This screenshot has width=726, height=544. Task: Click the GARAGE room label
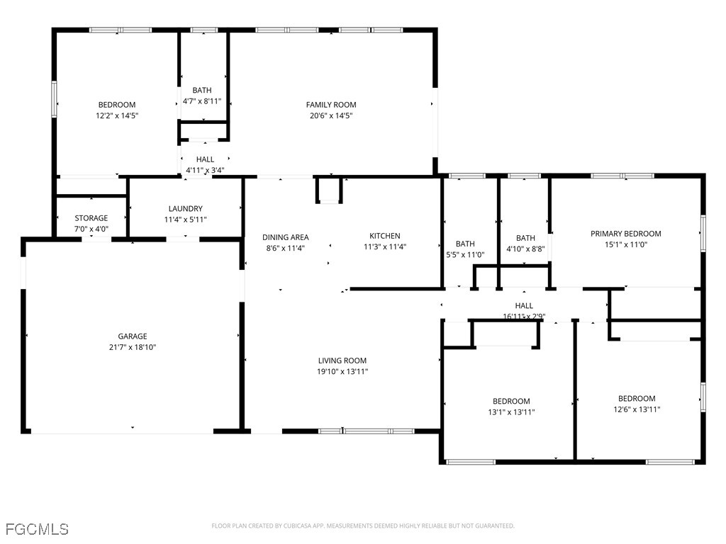click(x=133, y=336)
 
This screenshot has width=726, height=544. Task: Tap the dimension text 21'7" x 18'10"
click(x=133, y=348)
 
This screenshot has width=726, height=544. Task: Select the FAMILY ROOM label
click(x=331, y=105)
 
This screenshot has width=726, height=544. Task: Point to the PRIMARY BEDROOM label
click(x=626, y=234)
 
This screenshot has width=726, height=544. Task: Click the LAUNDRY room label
click(x=186, y=209)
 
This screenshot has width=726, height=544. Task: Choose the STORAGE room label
click(x=91, y=218)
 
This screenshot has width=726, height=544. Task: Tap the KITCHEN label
click(x=385, y=236)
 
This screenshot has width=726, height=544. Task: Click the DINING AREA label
click(x=286, y=237)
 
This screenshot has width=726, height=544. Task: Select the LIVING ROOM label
click(x=342, y=361)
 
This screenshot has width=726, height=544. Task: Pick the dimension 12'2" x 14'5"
click(x=117, y=115)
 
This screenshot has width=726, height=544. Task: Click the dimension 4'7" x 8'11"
click(x=202, y=101)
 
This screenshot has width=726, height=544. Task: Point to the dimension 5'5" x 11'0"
click(x=465, y=255)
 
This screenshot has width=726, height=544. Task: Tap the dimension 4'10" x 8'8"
click(x=525, y=249)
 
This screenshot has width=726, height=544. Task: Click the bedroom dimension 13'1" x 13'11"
click(x=511, y=412)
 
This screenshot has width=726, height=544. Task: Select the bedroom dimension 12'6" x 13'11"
click(x=637, y=409)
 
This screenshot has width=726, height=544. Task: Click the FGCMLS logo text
click(x=37, y=529)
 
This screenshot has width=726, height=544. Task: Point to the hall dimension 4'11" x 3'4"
click(x=205, y=171)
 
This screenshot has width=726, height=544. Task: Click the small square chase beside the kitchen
click(x=330, y=191)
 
